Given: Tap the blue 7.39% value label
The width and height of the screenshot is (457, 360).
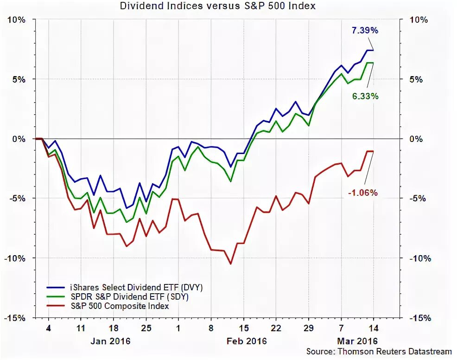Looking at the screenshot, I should click(x=365, y=31).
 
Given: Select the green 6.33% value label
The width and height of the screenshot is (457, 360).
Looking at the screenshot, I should click(x=365, y=96).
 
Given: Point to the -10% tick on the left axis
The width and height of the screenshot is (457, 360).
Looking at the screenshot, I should click(x=14, y=258).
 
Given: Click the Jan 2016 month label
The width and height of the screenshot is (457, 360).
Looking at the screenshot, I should click(x=110, y=341).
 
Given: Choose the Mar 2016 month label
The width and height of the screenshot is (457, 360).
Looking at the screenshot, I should click(x=357, y=341).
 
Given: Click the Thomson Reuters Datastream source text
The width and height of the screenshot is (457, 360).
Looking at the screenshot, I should click(x=379, y=352).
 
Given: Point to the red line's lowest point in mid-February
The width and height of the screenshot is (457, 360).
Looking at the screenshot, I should click(x=230, y=264).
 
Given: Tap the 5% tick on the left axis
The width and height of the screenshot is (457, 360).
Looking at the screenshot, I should click(x=18, y=79).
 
